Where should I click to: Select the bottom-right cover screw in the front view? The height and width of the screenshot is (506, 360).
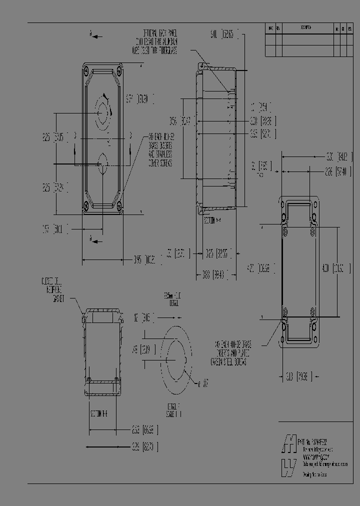tap(119, 204)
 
